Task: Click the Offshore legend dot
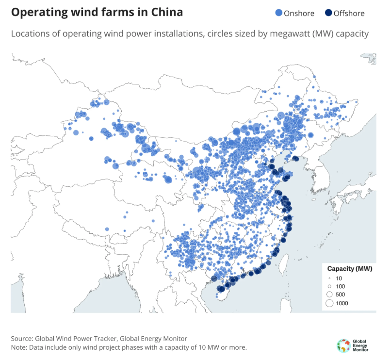(x=328, y=13)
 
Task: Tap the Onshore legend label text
(x=298, y=13)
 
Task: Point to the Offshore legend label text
(x=349, y=13)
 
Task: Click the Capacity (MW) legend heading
(x=349, y=269)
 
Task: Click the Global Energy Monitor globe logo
(x=343, y=345)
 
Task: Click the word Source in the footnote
(x=22, y=338)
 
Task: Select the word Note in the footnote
(x=19, y=347)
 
